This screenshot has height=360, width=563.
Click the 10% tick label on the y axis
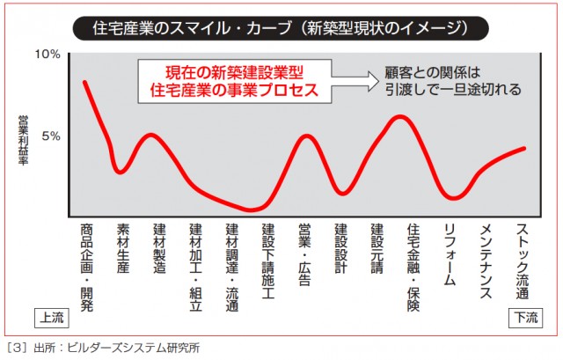tap(47, 55)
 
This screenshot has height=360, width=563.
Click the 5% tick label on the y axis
tap(48, 136)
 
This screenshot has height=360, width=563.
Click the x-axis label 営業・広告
tap(305, 249)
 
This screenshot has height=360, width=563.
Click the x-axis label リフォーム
tap(450, 249)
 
